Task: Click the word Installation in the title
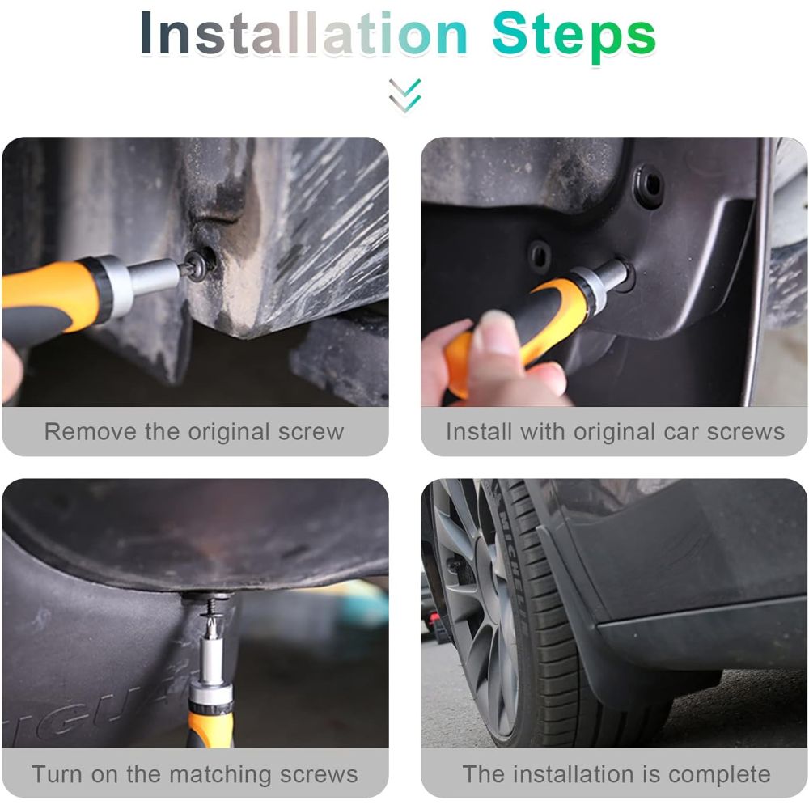[x=303, y=33]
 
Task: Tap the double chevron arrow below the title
[x=405, y=95]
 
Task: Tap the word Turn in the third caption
[x=57, y=774]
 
